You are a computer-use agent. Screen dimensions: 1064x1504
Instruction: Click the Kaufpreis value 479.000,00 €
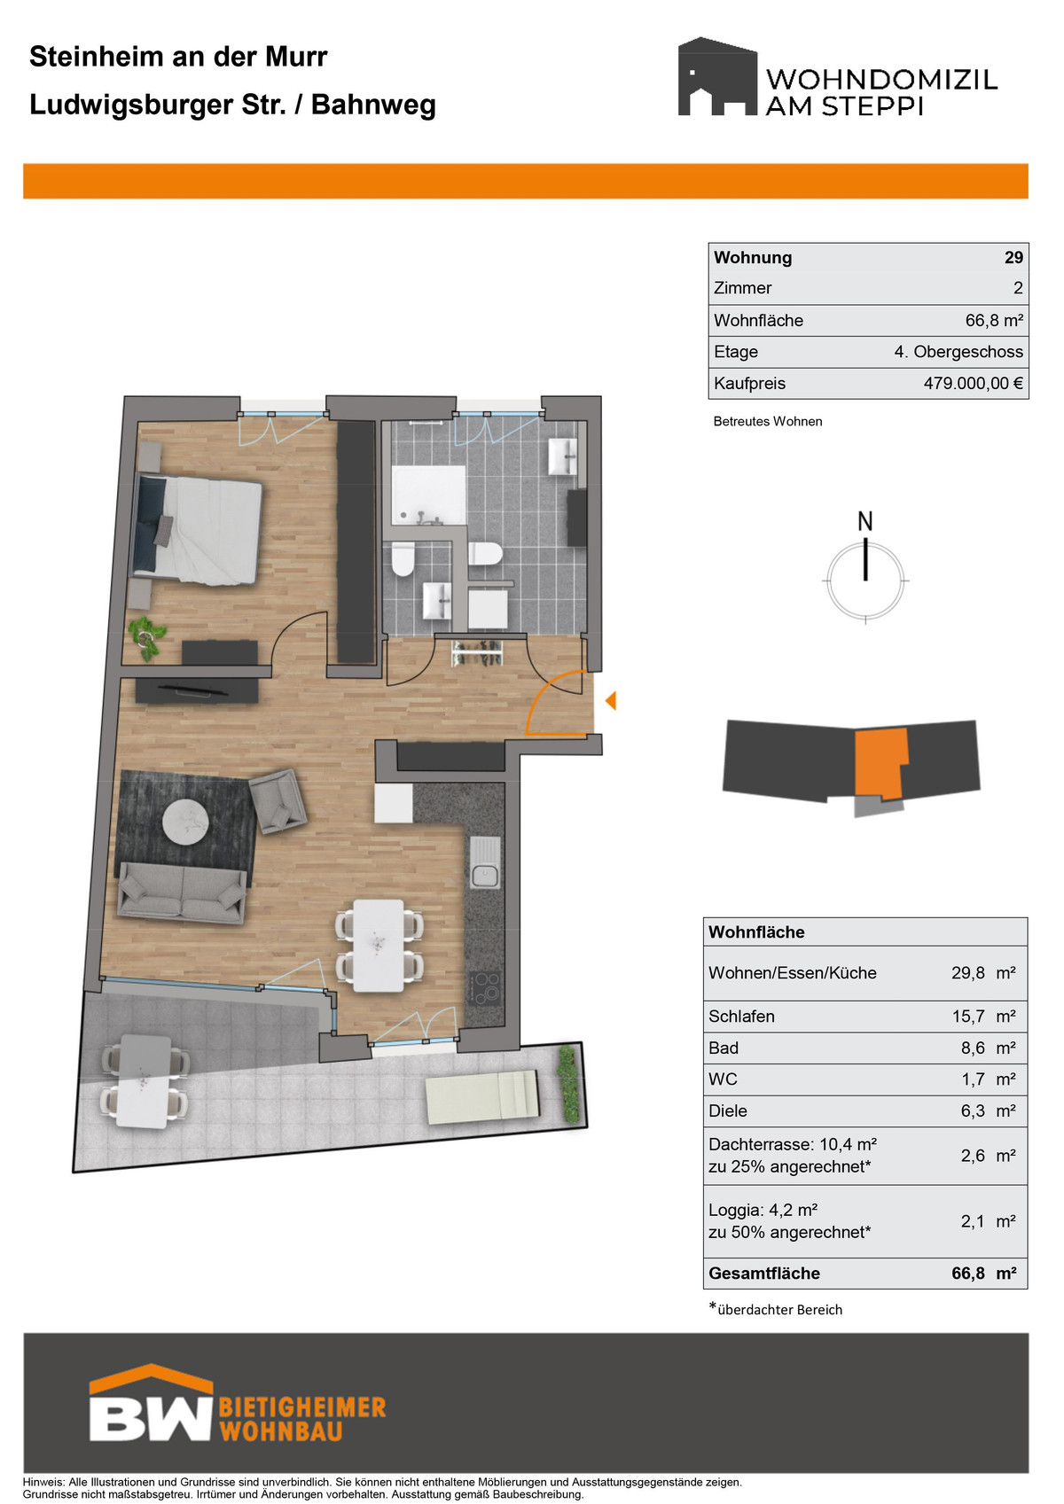(974, 384)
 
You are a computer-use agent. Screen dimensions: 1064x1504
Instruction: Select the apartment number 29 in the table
(1013, 257)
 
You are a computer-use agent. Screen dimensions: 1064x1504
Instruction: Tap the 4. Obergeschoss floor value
(958, 352)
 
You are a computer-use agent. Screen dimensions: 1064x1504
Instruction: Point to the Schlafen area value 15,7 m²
(983, 1017)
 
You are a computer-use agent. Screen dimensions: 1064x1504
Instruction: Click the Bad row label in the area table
(724, 1048)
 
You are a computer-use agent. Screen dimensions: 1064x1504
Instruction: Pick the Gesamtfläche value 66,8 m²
(983, 1274)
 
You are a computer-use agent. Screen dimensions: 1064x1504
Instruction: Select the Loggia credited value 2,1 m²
(988, 1220)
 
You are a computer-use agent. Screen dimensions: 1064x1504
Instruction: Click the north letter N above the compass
(865, 521)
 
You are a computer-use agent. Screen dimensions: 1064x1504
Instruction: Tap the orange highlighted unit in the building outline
(880, 763)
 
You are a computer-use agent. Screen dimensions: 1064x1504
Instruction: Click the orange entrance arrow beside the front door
(611, 700)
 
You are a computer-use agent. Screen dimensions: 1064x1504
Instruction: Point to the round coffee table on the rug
(185, 822)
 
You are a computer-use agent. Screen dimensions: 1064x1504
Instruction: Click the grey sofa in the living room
(182, 892)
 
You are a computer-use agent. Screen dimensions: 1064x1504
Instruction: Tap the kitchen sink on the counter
(484, 863)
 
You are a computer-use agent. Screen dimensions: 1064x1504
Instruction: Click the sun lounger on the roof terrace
(482, 1096)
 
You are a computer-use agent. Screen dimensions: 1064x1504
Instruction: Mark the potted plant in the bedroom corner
(148, 638)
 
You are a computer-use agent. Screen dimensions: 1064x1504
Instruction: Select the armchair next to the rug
(278, 802)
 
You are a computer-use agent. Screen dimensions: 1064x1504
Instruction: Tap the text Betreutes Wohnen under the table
(768, 422)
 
